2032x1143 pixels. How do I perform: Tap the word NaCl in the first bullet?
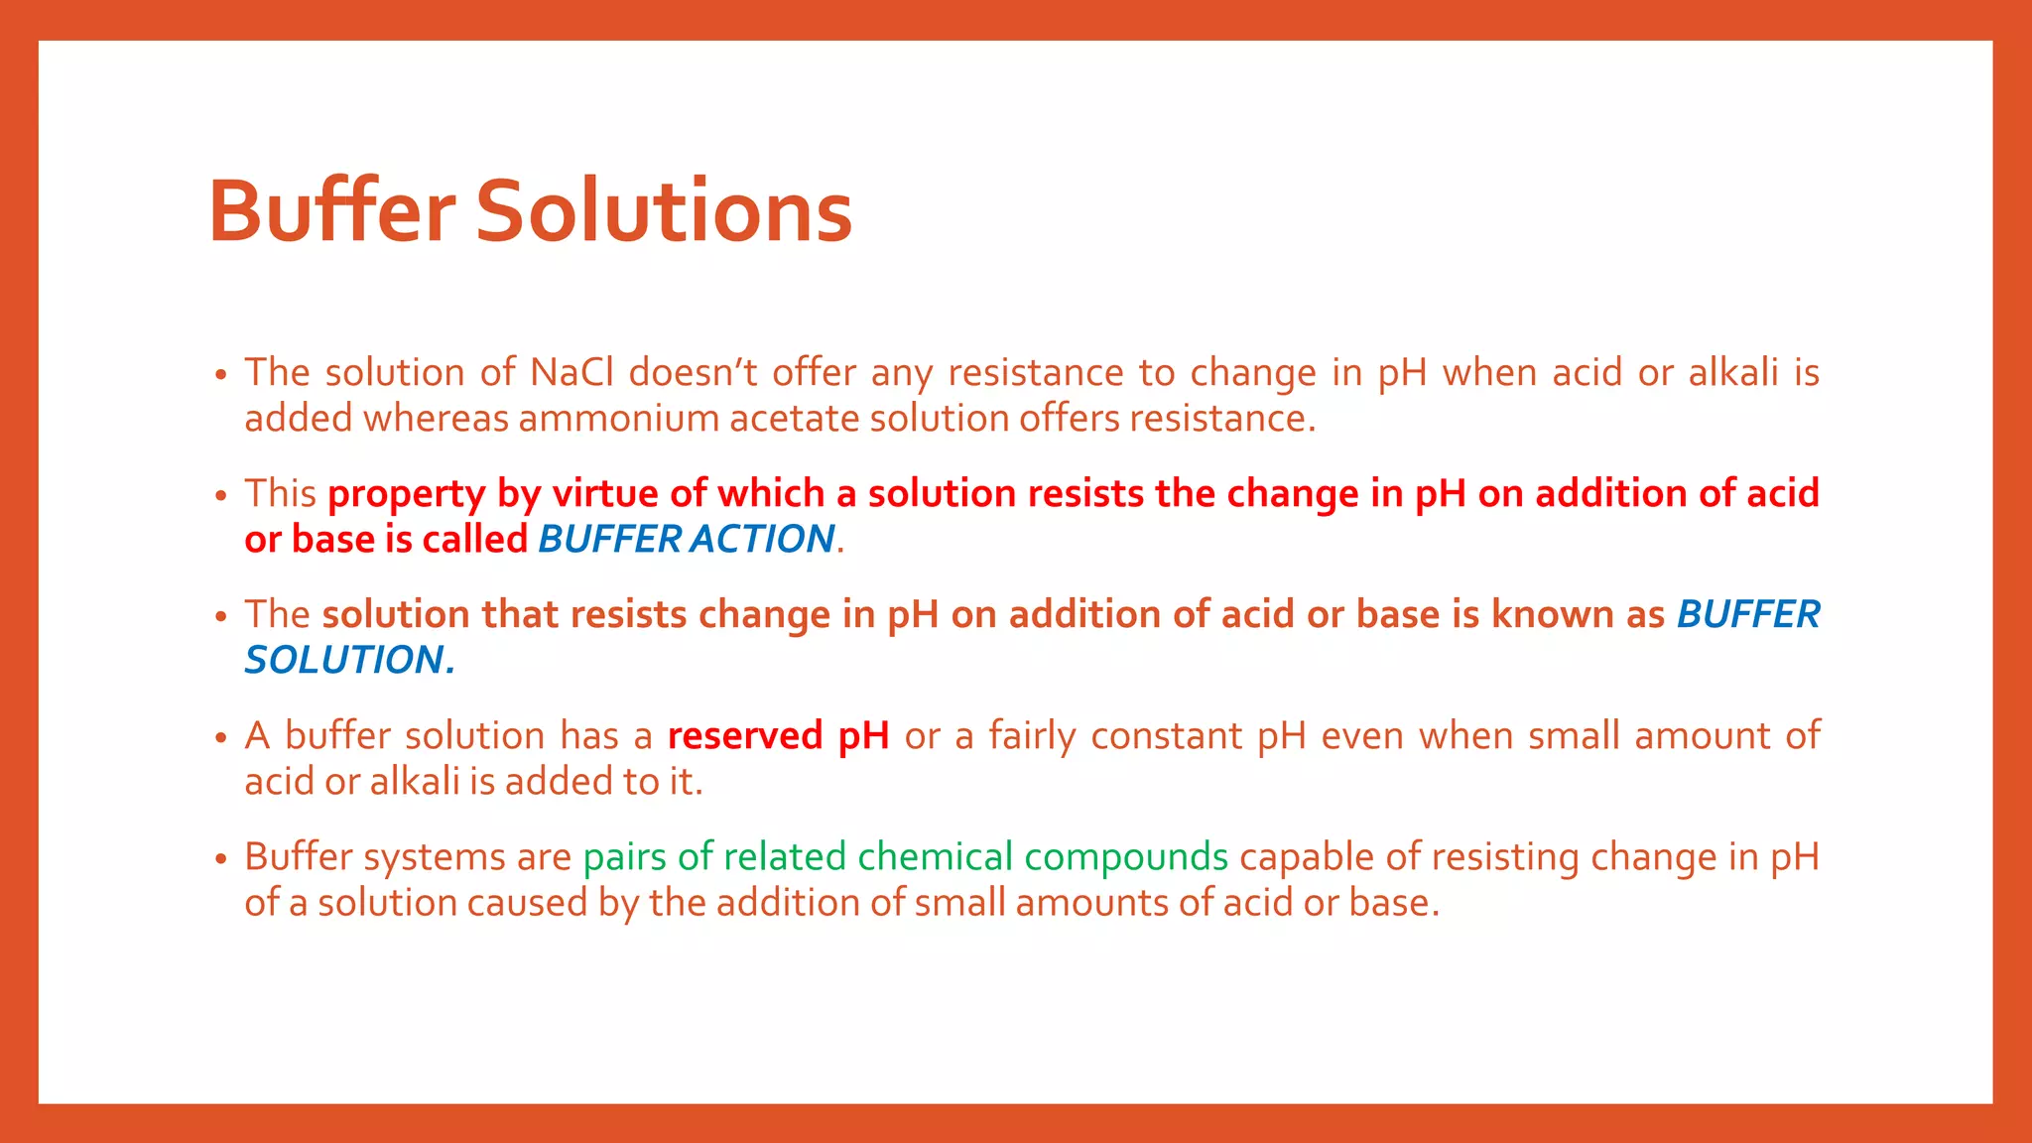tap(571, 373)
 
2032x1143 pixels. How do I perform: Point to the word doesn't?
tap(693, 373)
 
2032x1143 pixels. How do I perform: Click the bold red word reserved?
tap(745, 736)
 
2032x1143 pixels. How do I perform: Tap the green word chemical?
tap(935, 857)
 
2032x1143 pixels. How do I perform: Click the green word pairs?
tap(624, 857)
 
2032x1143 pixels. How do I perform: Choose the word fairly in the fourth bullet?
tap(1032, 736)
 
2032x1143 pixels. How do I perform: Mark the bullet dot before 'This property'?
tap(221, 496)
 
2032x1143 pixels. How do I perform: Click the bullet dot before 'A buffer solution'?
tap(221, 738)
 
